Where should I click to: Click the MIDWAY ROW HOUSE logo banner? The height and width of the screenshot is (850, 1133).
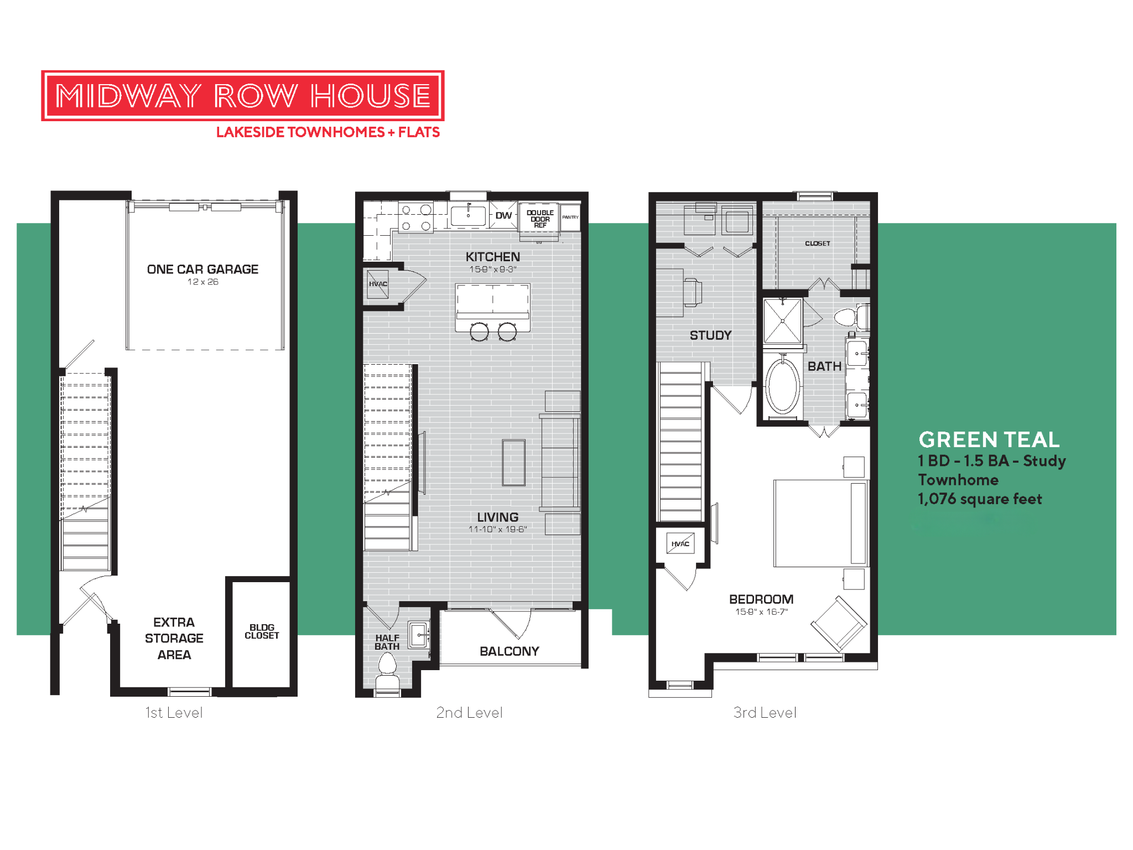[x=242, y=96]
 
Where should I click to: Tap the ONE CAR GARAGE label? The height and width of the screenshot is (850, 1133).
[x=202, y=269]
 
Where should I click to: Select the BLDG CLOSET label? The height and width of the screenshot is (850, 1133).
[x=262, y=631]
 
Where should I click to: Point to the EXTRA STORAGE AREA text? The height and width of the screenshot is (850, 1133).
[x=174, y=638]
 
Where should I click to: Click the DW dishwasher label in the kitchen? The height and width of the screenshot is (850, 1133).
[x=503, y=215]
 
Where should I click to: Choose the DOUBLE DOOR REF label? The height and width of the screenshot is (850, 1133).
[x=540, y=219]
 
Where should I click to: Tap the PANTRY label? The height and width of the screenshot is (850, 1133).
[x=570, y=217]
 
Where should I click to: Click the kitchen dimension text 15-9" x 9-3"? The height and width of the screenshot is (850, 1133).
[x=492, y=269]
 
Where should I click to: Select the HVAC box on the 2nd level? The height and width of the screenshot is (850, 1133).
[x=378, y=284]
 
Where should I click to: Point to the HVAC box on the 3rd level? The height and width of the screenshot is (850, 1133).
[x=680, y=544]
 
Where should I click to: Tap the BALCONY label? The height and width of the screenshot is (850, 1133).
[x=509, y=651]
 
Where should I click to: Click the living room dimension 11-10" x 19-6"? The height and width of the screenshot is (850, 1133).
[x=497, y=530]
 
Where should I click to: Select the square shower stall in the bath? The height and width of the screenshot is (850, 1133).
[x=782, y=321]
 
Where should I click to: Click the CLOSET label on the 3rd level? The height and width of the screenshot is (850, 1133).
[x=817, y=243]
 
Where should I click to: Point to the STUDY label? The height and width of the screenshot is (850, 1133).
[x=710, y=335]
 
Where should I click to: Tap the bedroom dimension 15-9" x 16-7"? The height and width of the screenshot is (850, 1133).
[x=761, y=612]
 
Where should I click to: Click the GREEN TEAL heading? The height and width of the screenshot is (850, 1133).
[x=989, y=440]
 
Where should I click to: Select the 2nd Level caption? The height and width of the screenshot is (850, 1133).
[x=469, y=713]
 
